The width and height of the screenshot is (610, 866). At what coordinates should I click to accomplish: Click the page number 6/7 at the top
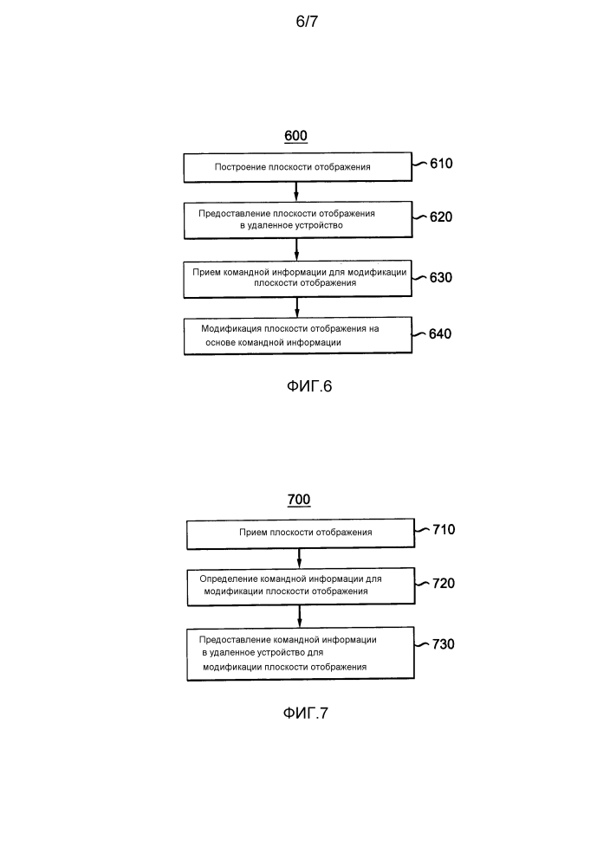pos(307,22)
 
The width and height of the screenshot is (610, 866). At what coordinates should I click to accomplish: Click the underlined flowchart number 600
pos(295,136)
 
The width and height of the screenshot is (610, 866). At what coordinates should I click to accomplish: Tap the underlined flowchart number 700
pos(299,500)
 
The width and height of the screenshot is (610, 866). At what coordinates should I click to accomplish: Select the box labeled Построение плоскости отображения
pos(298,167)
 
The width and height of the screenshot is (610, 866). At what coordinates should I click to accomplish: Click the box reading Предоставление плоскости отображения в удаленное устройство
pos(298,220)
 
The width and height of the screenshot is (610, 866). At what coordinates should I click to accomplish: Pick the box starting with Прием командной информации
pos(298,278)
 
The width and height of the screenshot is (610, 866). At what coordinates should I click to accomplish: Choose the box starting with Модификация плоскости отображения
pos(298,335)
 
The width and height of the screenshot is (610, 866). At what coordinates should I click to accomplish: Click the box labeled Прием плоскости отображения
pos(301,533)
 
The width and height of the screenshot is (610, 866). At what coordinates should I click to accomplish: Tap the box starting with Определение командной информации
pos(301,586)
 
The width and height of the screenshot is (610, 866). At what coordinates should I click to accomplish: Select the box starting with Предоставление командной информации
pos(301,653)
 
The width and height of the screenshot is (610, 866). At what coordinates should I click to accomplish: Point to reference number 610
pos(441,164)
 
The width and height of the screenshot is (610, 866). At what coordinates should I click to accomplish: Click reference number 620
pos(441,217)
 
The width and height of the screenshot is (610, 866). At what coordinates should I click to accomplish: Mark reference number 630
pos(441,277)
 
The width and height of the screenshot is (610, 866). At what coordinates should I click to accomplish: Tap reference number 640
pos(440,333)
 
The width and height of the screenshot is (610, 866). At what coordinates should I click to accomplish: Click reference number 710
pos(444,530)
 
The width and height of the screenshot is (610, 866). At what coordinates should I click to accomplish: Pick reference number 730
pos(443,644)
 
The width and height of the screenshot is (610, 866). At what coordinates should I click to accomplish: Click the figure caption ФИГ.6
pos(309,386)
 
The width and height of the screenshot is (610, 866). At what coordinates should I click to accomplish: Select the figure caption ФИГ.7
pos(306,713)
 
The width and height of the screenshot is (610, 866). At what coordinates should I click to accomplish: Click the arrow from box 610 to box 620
pos(296,191)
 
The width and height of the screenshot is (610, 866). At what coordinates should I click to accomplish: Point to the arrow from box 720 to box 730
pos(300,617)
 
